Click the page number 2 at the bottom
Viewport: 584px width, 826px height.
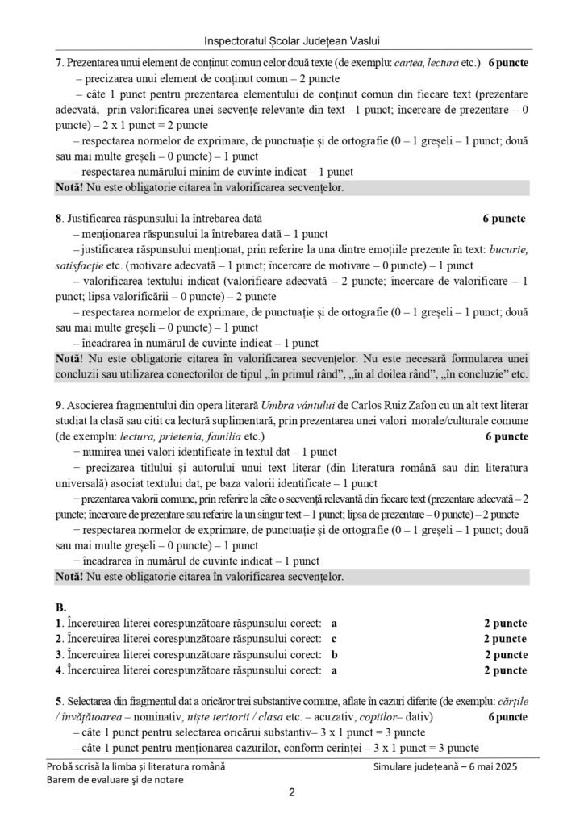point(291,793)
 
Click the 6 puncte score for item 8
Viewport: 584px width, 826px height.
point(504,219)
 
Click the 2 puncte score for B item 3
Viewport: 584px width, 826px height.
point(506,654)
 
